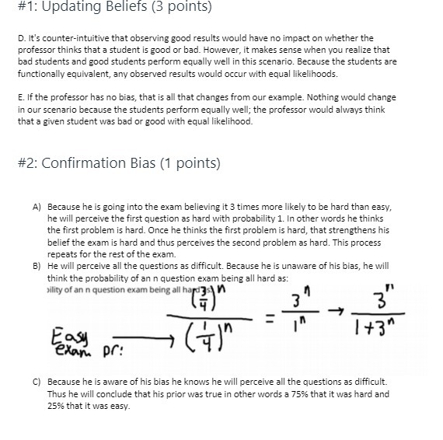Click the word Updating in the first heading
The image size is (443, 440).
coord(72,9)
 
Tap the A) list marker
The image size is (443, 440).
coord(36,208)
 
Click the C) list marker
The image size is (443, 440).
coord(36,382)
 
